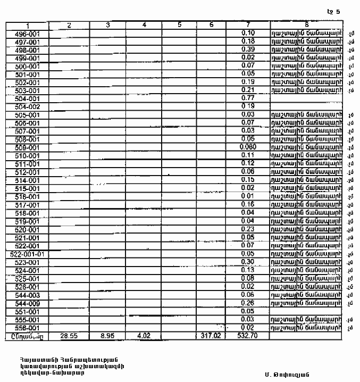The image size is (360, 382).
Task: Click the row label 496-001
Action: point(27,33)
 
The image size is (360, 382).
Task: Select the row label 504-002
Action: point(27,106)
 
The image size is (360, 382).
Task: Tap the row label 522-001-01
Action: point(27,254)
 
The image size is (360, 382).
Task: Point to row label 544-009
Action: point(27,303)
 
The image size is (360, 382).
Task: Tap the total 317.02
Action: point(211,336)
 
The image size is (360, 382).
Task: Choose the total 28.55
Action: point(69,336)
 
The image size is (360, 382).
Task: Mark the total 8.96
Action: point(108,336)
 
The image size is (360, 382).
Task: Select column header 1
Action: point(27,25)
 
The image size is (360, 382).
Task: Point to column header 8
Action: point(306,24)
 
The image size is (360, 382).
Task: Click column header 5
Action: point(179,25)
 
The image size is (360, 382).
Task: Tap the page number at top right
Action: point(333,11)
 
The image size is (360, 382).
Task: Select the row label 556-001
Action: point(27,328)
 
